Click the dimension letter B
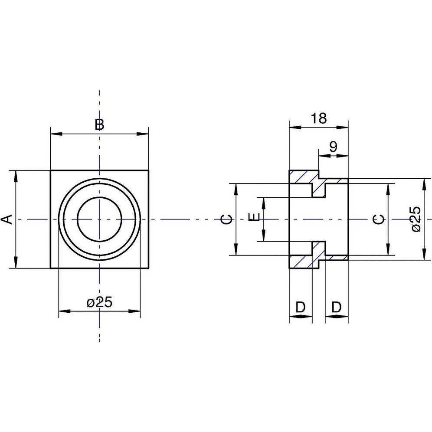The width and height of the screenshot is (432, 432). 99,124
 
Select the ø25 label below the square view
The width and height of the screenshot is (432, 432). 99,302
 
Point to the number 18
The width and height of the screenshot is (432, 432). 319,118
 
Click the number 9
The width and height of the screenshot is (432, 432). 334,147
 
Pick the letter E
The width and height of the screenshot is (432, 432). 254,217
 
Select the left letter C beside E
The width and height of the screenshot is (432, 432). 227,219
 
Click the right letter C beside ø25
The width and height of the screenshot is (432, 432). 379,219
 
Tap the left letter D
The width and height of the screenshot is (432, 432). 300,307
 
